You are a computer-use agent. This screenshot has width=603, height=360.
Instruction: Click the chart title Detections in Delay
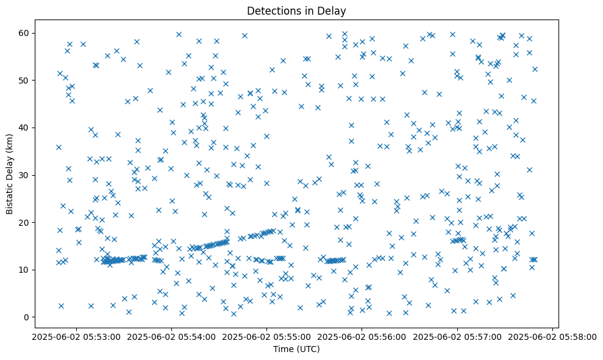click(x=296, y=11)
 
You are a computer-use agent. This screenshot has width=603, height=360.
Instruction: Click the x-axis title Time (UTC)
click(x=296, y=350)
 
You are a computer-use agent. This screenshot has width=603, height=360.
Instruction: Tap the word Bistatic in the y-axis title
click(x=10, y=196)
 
